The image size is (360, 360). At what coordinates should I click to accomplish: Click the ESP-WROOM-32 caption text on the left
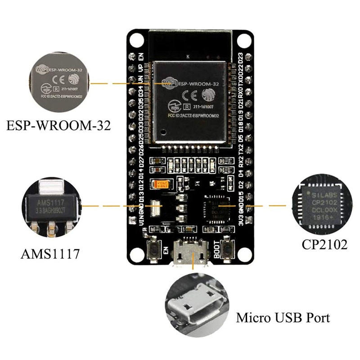pos(58,125)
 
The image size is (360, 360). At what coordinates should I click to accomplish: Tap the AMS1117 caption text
pos(50,254)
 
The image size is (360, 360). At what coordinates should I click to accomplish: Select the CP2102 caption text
pos(324,245)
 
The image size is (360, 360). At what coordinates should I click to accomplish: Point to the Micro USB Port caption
pos(283,318)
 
